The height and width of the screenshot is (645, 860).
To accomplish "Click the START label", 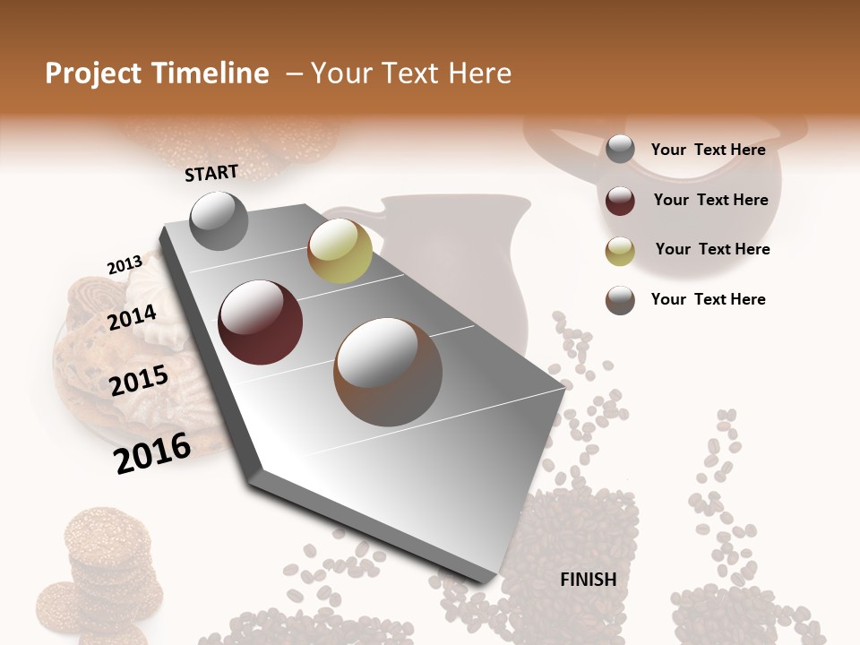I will coord(211,173).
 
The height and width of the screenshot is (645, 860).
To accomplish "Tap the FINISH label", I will coord(588,580).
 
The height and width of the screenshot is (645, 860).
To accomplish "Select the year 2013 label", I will coord(125,265).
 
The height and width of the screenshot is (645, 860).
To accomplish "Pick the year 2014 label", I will coord(133,317).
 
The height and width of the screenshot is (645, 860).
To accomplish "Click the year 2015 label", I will coord(139,381).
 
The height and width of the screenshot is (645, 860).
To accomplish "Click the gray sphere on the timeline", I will coord(219,220).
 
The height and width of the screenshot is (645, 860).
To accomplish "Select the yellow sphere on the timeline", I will coord(340,251).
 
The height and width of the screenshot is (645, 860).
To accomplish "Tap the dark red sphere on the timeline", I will coord(261,322).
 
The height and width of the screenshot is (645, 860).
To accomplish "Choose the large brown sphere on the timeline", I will coord(387,372).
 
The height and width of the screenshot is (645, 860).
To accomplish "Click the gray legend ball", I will coord(620,150).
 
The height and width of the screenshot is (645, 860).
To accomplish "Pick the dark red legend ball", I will coord(620,201).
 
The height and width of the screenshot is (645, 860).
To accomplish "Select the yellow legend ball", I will coord(620,251).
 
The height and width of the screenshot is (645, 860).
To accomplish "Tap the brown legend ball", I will coord(620,300).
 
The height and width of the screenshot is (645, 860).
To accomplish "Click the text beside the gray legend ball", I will coord(708,150).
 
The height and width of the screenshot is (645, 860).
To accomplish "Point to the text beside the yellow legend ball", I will coord(712,249).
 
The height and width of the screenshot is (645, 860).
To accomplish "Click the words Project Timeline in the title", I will coord(157,73).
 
